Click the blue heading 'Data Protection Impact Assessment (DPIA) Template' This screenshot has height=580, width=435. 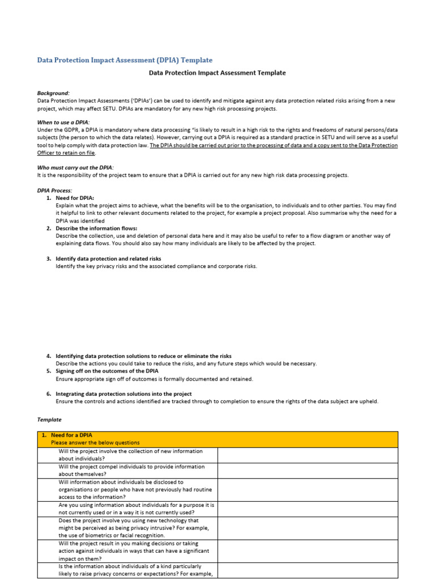click(125, 60)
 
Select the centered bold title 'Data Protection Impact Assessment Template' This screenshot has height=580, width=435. click(217, 73)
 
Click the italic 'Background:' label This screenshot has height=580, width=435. click(54, 93)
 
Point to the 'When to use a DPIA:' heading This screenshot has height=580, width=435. click(63, 122)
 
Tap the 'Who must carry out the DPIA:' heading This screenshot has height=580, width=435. click(75, 168)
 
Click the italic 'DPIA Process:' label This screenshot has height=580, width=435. click(55, 190)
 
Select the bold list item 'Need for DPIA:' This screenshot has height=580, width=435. click(75, 198)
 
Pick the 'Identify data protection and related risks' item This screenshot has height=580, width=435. click(108, 258)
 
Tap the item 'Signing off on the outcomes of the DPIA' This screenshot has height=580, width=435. click(107, 371)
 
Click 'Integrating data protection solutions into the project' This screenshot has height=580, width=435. click(123, 394)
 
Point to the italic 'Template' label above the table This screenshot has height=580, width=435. click(49, 420)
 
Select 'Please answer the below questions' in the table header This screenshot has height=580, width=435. click(95, 442)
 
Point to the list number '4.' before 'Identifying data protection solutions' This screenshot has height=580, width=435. click(49, 356)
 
